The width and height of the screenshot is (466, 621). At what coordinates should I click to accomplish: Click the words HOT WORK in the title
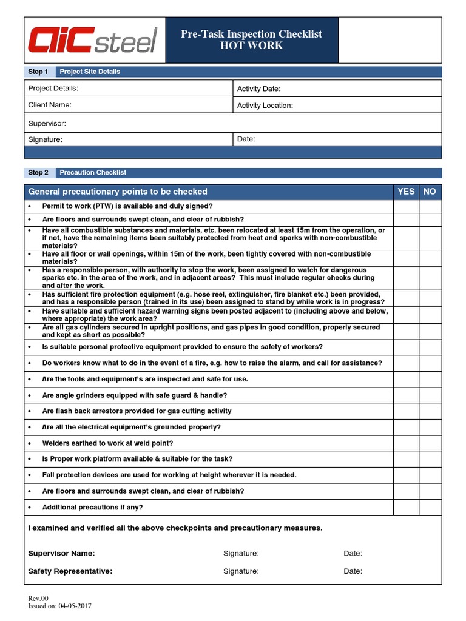point(251,46)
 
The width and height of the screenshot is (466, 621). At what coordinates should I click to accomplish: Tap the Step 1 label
point(38,72)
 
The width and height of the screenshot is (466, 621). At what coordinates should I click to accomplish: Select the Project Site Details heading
point(90,72)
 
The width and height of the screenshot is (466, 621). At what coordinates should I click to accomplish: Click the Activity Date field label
point(258,89)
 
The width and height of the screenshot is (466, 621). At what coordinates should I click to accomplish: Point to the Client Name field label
point(50,105)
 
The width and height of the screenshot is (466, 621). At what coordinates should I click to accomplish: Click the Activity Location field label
point(265,106)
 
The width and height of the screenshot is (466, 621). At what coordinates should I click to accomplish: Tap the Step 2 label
point(38,173)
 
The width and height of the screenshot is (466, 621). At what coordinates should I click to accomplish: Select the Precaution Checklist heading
point(93,173)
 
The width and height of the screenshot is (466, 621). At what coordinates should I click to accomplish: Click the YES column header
point(406,192)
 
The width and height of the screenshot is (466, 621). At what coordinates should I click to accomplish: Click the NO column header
point(430,192)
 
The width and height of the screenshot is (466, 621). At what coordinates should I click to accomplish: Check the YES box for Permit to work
point(406,207)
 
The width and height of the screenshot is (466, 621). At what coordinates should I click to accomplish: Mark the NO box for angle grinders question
point(430,395)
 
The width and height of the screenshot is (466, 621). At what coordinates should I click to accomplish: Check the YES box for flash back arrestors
point(406,411)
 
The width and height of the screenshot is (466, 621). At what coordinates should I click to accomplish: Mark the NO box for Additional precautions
point(430,508)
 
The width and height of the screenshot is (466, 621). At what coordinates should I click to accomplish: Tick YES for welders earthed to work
point(406,443)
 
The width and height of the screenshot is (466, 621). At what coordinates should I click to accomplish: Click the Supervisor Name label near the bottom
point(61,553)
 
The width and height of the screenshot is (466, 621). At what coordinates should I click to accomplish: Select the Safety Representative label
point(70,571)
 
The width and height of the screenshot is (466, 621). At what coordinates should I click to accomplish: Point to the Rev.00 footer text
point(38,598)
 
